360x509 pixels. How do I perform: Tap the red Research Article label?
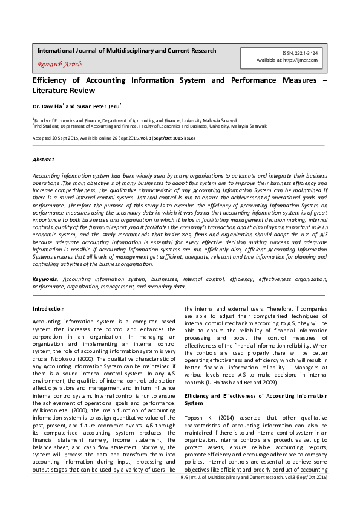coord(60,64)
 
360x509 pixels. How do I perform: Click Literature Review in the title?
coord(64,91)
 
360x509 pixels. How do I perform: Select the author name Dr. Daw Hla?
coord(46,106)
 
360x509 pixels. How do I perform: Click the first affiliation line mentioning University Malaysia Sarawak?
coord(136,120)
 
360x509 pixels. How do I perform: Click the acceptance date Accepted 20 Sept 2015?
coord(61,138)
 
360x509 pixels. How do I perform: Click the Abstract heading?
coord(43,160)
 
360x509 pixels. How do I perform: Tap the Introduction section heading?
coord(48,309)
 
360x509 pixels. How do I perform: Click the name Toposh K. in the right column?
coord(199,417)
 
